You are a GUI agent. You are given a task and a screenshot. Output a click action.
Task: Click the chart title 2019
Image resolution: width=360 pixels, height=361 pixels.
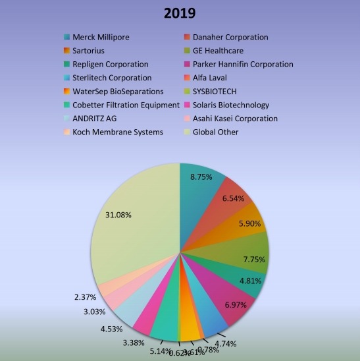click(180, 14)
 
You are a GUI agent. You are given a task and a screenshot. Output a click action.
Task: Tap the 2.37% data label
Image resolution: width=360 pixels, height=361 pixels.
click(86, 296)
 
